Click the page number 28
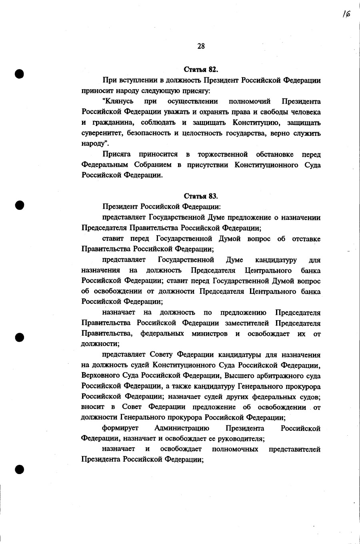coord(201,46)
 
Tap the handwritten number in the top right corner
coord(346,14)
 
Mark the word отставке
coord(306,239)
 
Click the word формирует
coord(120,428)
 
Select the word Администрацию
coord(182,428)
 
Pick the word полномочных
coord(235,449)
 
